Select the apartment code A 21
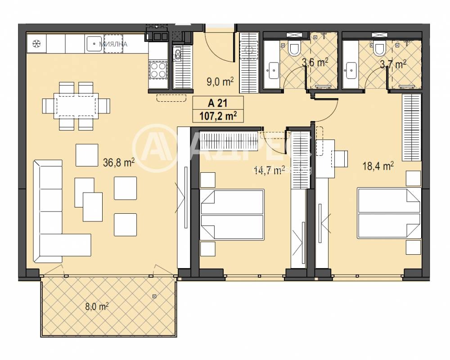pyautogui.click(x=217, y=103)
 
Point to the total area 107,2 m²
pyautogui.click(x=217, y=116)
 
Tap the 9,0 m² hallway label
pyautogui.click(x=219, y=81)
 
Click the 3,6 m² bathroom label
pyautogui.click(x=314, y=63)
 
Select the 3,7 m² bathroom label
pyautogui.click(x=393, y=64)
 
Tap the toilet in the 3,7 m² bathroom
pyautogui.click(x=378, y=48)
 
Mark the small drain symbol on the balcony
pyautogui.click(x=154, y=296)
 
